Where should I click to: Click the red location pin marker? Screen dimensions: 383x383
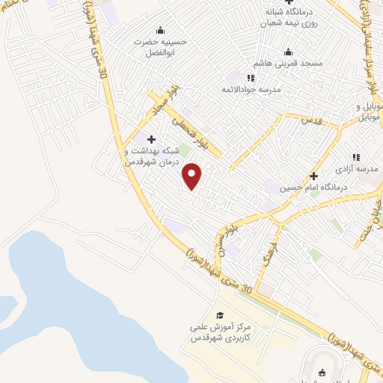[x=193, y=177]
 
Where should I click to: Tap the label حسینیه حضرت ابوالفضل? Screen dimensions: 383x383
[x=159, y=48]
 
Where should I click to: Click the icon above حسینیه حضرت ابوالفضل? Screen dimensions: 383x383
[x=159, y=31]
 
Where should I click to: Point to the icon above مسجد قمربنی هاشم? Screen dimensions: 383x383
[x=288, y=52]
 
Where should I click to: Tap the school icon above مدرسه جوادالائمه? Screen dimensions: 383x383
[x=251, y=78]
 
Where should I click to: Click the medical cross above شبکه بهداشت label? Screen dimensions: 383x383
[x=152, y=139]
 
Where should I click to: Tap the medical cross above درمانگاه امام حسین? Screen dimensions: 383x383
[x=313, y=177]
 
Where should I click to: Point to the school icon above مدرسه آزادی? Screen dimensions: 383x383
[x=356, y=157]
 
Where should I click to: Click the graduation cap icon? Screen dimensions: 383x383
[x=220, y=315]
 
